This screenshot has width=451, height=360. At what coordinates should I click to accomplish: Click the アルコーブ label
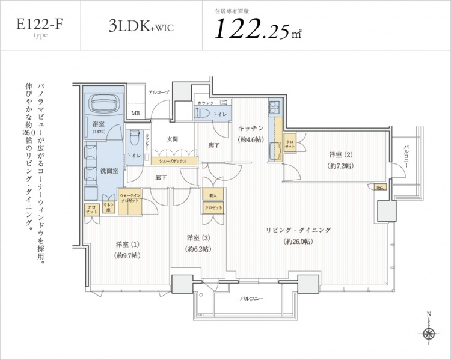click(x=158, y=92)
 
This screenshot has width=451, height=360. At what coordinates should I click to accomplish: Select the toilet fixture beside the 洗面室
click(x=133, y=138)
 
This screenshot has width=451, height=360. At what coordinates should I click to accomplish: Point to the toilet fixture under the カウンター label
click(x=203, y=114)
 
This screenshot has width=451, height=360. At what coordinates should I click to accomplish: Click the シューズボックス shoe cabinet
click(x=173, y=162)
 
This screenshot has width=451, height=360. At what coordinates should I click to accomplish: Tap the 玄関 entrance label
click(x=172, y=139)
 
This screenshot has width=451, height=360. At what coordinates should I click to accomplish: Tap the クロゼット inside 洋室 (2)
click(x=290, y=144)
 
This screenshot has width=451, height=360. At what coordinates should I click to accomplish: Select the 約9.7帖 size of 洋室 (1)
click(x=127, y=255)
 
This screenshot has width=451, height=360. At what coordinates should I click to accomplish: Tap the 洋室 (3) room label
click(x=198, y=237)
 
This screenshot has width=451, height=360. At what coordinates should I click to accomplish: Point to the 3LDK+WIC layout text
click(x=141, y=26)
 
